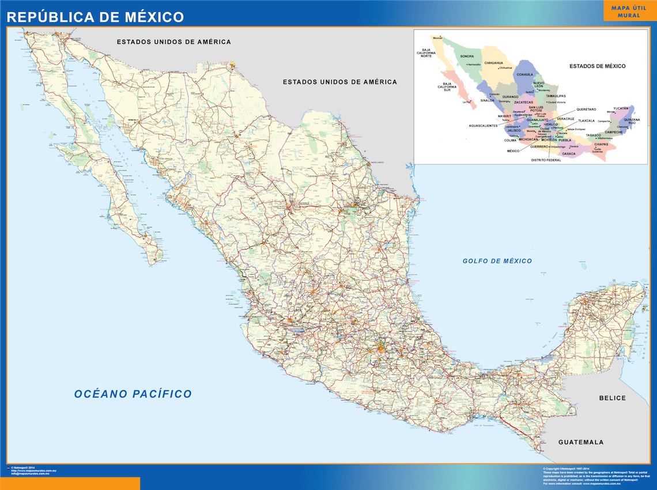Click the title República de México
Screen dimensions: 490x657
point(95,17)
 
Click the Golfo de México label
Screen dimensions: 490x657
point(497,261)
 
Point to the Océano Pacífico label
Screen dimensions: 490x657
point(133,394)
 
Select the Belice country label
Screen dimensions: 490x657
point(612,398)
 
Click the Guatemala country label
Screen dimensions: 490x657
point(581,442)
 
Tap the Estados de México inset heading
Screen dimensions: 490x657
point(597,66)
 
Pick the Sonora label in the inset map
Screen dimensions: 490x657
point(467,56)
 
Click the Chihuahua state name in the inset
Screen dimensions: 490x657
point(494,63)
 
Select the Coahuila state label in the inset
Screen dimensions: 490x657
point(525,74)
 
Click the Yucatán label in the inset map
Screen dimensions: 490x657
point(621,108)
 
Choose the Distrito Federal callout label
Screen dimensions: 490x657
point(546,160)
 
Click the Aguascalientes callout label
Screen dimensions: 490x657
point(483,126)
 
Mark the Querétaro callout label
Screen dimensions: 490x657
point(586,109)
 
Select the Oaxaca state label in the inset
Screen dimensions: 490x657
point(569,154)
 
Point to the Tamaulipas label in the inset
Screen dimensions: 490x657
point(556,96)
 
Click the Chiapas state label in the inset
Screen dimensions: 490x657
point(601,144)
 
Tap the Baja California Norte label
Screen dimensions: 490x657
point(426,53)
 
